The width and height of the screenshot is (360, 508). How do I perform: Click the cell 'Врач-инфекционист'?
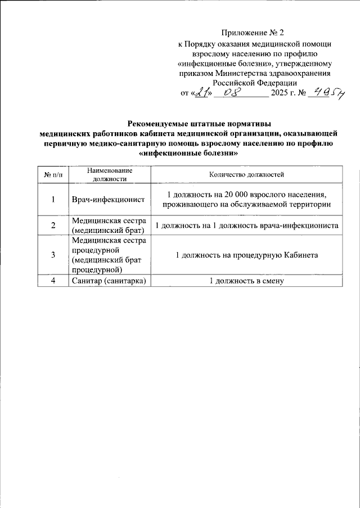point(109,200)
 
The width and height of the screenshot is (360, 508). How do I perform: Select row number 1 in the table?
point(53,200)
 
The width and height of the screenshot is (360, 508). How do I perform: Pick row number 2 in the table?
point(53,225)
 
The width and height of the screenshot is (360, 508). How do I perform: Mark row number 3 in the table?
point(53,255)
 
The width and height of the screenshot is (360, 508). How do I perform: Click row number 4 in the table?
point(53,281)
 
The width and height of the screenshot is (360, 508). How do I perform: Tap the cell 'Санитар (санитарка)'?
point(109,281)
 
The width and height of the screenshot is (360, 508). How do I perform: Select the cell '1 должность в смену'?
point(246,281)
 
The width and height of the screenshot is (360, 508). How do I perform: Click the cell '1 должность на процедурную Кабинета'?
point(246,255)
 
